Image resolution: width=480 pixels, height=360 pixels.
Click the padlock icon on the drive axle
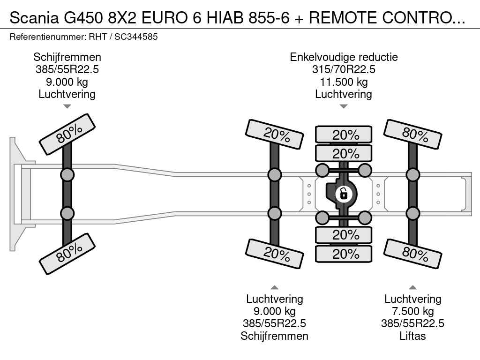pos(344,193)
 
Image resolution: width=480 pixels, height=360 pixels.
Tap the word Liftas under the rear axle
pos(412,336)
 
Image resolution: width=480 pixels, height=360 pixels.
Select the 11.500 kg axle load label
pos(344,82)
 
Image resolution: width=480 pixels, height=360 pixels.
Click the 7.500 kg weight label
pos(412,311)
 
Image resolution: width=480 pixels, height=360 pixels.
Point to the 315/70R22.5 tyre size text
pos(344,70)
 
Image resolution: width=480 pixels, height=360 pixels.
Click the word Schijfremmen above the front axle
pos(67,57)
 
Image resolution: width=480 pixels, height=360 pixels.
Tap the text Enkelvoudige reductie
pos(344,57)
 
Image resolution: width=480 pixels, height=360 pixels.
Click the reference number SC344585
pos(136,37)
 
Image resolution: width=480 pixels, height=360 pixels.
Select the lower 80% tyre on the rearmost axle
pos(412,254)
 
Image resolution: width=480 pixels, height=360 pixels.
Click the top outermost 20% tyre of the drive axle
pos(344,135)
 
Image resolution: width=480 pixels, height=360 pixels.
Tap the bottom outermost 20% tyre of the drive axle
pos(344,254)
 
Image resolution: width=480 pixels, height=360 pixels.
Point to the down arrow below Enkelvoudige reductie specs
pos(344,106)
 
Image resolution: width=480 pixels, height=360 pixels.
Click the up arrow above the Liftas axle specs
pos(412,287)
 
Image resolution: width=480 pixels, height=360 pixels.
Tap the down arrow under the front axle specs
pos(67,106)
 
